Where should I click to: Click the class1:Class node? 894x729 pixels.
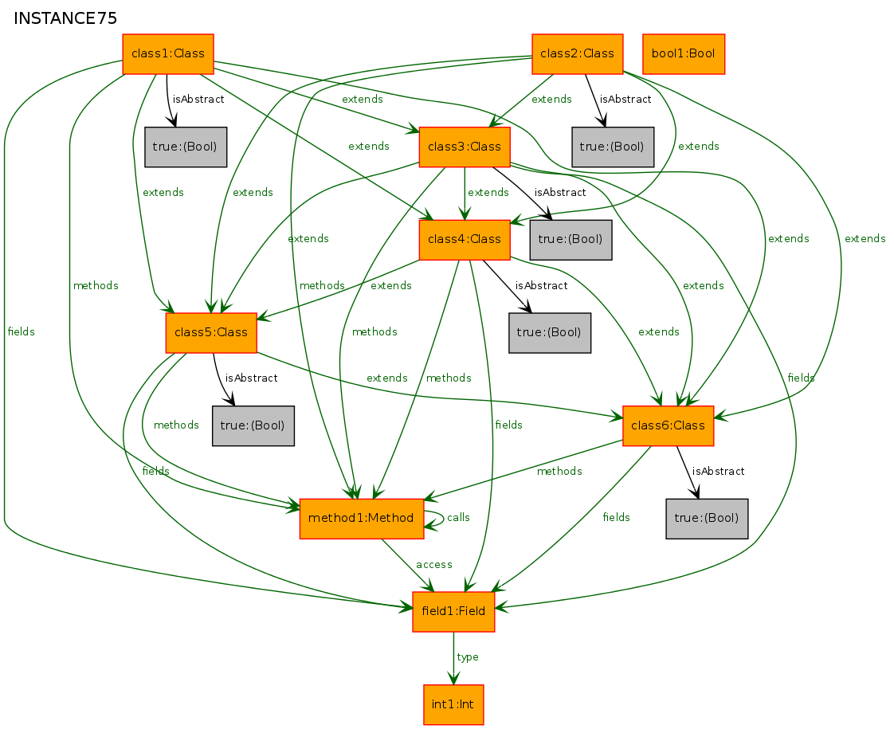click(168, 54)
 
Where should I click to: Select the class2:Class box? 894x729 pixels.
click(577, 54)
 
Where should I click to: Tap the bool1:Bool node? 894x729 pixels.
click(684, 54)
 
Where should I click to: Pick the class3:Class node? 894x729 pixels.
click(465, 147)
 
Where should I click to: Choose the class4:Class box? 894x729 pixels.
click(465, 239)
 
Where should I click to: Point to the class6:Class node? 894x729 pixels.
click(669, 425)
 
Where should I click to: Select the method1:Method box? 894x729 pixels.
click(362, 519)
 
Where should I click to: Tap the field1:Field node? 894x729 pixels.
click(454, 612)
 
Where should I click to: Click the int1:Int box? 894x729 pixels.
click(454, 704)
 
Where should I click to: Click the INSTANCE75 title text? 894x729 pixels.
click(65, 19)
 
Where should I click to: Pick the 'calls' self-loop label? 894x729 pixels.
click(458, 518)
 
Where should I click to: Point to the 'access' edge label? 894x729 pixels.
click(434, 565)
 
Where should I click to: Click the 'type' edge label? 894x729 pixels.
click(468, 657)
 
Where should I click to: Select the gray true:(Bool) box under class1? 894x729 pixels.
click(186, 147)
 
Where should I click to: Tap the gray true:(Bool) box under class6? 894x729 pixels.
click(707, 519)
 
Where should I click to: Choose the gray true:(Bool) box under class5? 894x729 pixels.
click(253, 425)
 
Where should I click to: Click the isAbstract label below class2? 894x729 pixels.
click(625, 100)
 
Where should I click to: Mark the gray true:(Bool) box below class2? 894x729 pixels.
click(613, 147)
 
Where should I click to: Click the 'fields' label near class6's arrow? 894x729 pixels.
click(617, 518)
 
